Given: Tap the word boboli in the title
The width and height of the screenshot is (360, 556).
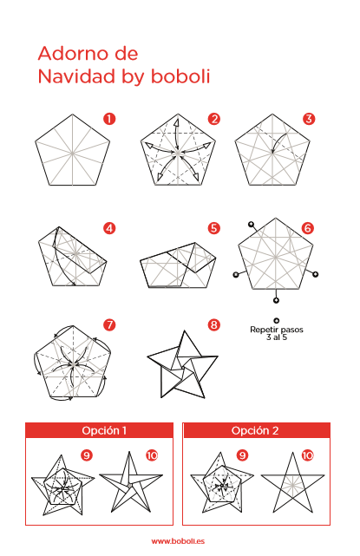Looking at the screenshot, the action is pos(180,76).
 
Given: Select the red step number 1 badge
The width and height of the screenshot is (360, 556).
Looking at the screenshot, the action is pos(109,119).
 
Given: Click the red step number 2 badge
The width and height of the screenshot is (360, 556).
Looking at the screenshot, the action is pos(214,119).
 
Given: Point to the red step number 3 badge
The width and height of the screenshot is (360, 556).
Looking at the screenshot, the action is pos(309,119).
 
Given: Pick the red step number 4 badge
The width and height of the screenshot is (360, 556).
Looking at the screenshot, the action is pos(109,228).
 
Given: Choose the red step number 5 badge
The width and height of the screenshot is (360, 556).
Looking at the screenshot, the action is pos(214,228).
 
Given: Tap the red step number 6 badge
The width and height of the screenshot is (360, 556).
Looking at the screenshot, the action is pos(308,228).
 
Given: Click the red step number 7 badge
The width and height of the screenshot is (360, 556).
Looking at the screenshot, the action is pos(109,324).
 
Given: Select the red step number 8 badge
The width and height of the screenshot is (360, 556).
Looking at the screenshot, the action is pos(214,324).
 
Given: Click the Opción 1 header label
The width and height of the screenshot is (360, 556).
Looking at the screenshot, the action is pos(104,430).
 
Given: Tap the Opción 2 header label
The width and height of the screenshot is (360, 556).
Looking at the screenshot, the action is pos(255,430).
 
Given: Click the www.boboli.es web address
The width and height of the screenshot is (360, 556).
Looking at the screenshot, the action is pos(178,541).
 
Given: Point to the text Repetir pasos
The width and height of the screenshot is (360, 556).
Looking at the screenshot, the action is pos(277,330).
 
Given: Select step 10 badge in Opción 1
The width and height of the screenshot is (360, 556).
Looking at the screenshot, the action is pos(152,455).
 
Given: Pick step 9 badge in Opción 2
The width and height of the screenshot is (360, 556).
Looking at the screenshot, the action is pos(243,455).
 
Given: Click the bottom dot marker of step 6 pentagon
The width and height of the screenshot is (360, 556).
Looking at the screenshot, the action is pos(276,300).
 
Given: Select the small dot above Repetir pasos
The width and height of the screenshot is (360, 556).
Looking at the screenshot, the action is pos(277,321).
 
